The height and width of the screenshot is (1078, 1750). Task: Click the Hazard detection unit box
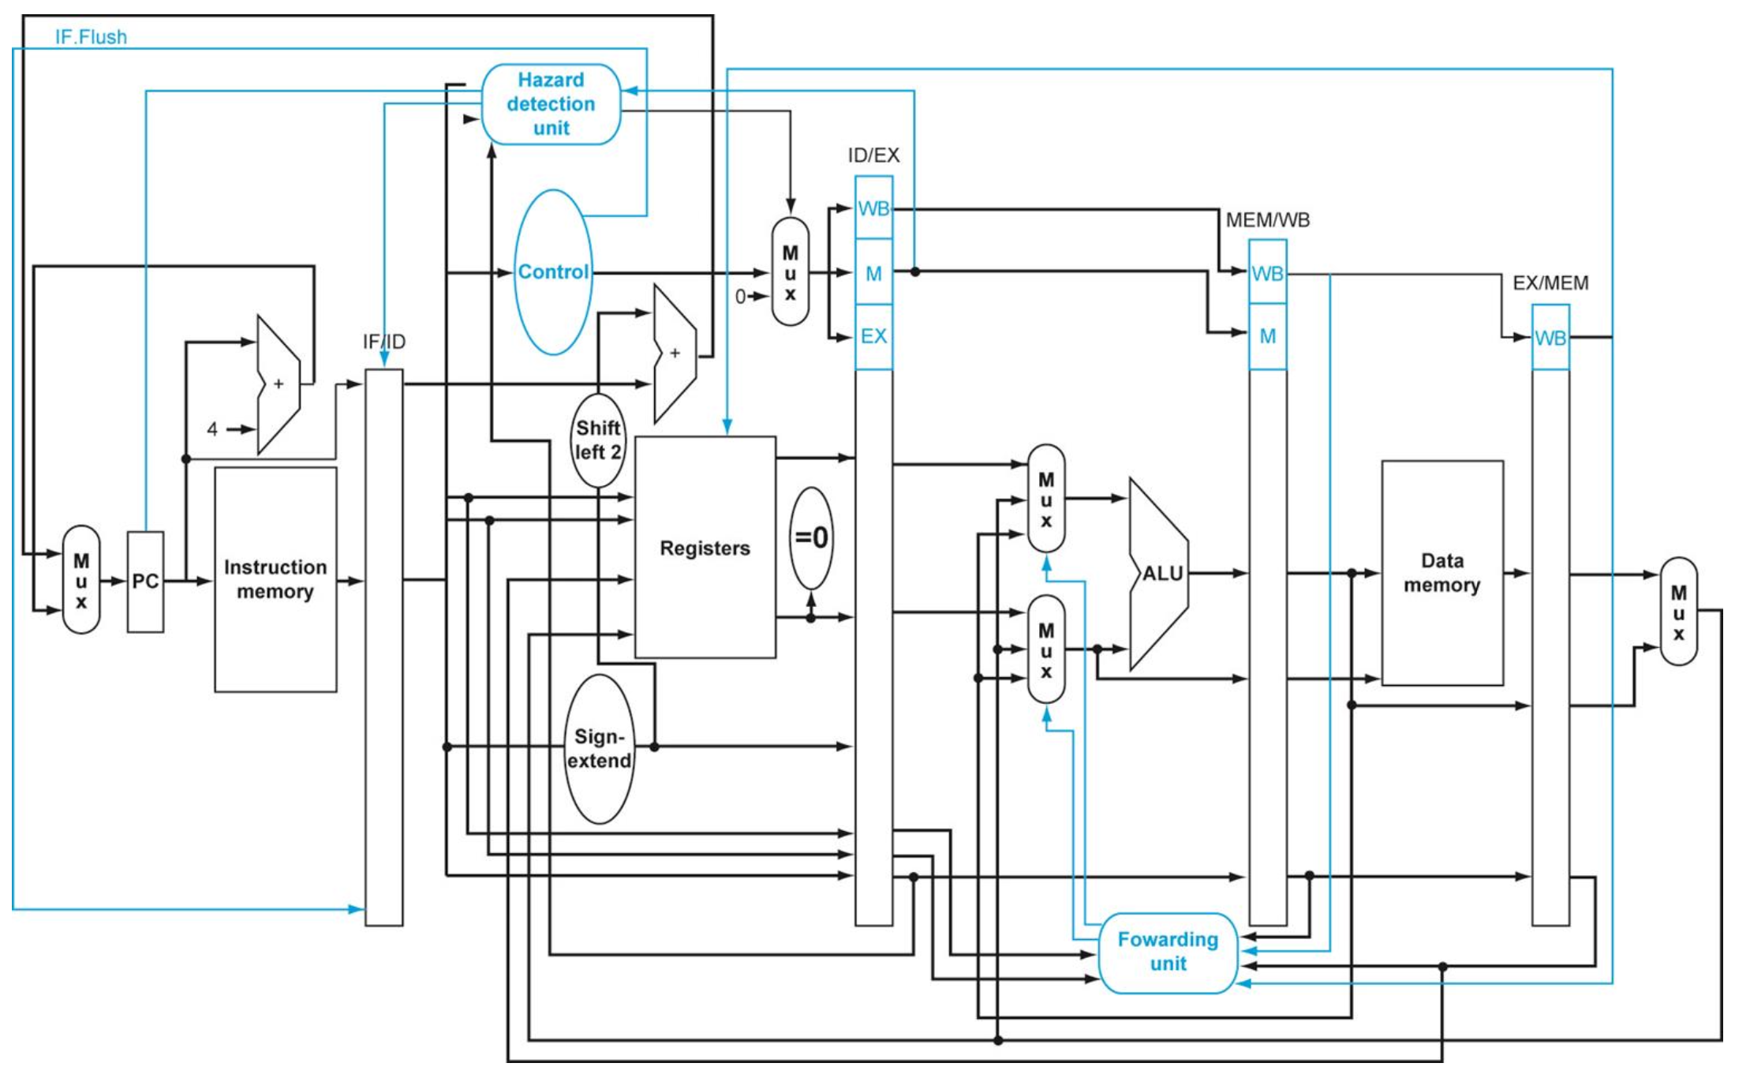pyautogui.click(x=551, y=104)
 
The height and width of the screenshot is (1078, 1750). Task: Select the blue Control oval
pyautogui.click(x=553, y=272)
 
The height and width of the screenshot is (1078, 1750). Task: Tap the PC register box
pyautogui.click(x=145, y=582)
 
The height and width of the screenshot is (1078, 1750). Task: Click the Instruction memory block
pyautogui.click(x=275, y=580)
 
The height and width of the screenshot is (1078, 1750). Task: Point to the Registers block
pyautogui.click(x=705, y=548)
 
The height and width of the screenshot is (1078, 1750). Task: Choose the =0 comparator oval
pyautogui.click(x=811, y=538)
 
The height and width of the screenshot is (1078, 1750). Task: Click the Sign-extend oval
pyautogui.click(x=600, y=749)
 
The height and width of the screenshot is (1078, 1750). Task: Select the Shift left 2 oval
pyautogui.click(x=597, y=440)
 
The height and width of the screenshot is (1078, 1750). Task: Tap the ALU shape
pyautogui.click(x=1158, y=574)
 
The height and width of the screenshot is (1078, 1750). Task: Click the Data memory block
pyautogui.click(x=1442, y=573)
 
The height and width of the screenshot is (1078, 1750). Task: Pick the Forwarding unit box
pyautogui.click(x=1168, y=953)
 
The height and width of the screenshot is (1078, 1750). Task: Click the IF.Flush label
pyautogui.click(x=91, y=37)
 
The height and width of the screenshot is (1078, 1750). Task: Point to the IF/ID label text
pyautogui.click(x=384, y=342)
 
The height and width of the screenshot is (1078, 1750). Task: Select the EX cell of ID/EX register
pyautogui.click(x=873, y=337)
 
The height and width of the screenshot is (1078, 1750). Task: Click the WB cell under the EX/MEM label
pyautogui.click(x=1550, y=339)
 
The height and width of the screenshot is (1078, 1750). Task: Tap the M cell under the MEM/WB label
pyautogui.click(x=1267, y=337)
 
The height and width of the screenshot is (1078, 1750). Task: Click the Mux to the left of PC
pyautogui.click(x=81, y=580)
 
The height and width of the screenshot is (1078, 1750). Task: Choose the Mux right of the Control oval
pyautogui.click(x=790, y=272)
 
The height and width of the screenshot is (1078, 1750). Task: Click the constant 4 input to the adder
pyautogui.click(x=212, y=429)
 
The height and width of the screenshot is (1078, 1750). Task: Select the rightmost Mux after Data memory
pyautogui.click(x=1678, y=612)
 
